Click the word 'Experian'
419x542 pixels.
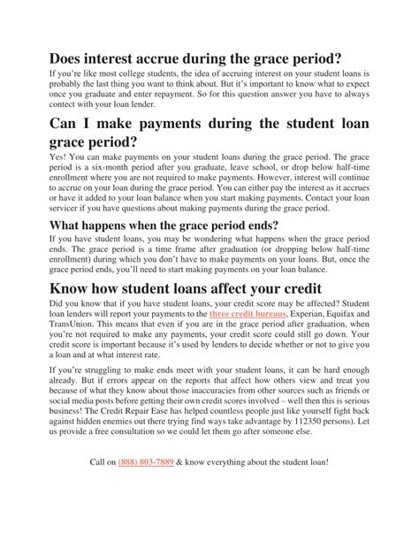pyautogui.click(x=316, y=338)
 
